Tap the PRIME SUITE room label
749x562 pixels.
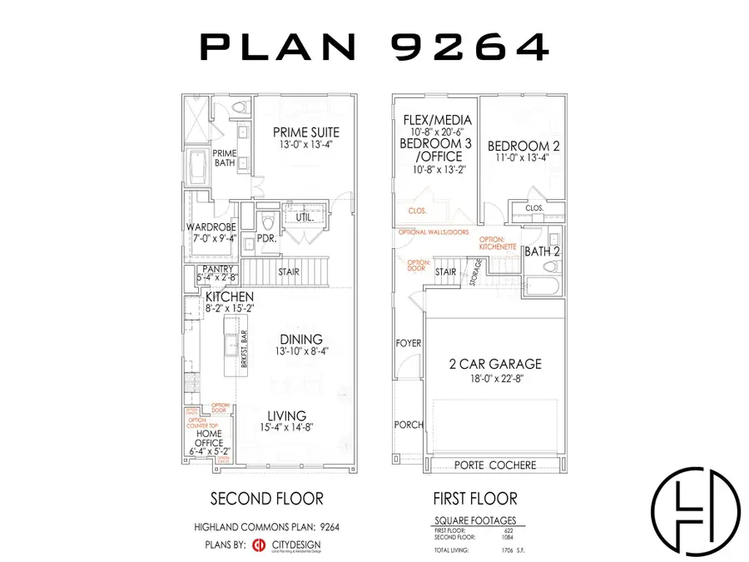click(307, 132)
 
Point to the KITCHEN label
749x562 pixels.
click(229, 296)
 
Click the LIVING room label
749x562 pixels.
click(286, 415)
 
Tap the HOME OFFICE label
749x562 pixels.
click(209, 433)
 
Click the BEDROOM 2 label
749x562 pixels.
click(523, 146)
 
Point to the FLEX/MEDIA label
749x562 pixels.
click(437, 119)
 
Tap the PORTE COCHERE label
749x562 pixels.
click(495, 465)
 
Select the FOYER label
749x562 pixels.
click(409, 343)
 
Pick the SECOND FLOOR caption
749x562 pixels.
click(266, 499)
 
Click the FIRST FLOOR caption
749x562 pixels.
click(475, 499)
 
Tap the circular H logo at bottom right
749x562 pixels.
click(695, 508)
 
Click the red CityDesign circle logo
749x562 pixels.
click(258, 546)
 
